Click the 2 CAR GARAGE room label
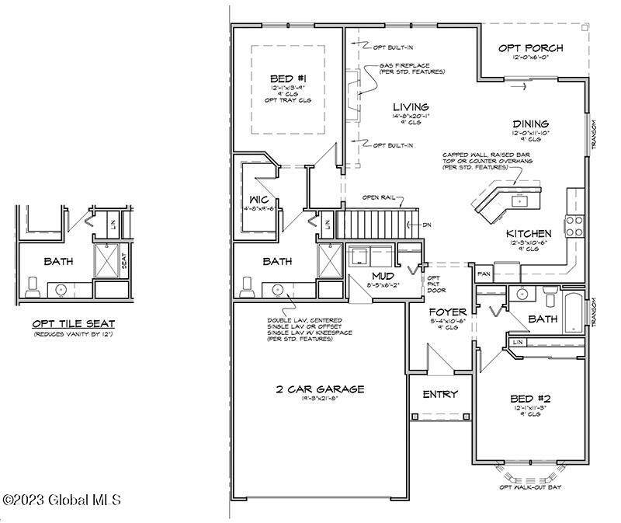[x=319, y=389]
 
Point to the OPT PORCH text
[x=532, y=48]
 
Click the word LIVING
[x=411, y=107]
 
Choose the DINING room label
[x=531, y=124]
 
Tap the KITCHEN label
[x=529, y=233]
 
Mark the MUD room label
[x=381, y=276]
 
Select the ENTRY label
[x=440, y=394]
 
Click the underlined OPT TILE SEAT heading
[x=74, y=323]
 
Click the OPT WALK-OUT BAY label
[x=531, y=487]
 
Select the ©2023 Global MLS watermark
[x=62, y=500]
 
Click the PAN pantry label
[x=483, y=274]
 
